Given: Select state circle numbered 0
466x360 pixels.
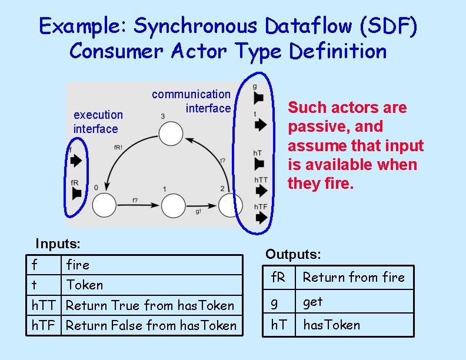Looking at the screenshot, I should [x=104, y=205].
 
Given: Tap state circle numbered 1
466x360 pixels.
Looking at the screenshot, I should [x=173, y=206].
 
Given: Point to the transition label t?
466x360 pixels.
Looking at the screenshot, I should [x=222, y=160].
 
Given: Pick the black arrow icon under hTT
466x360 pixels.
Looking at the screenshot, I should [x=261, y=191].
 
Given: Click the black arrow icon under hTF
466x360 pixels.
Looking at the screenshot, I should [x=261, y=218].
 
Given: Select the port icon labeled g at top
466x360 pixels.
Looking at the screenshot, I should [x=258, y=98].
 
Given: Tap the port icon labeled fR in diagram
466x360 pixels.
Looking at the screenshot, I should [x=75, y=193].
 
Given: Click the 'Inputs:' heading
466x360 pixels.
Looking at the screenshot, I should [x=58, y=244].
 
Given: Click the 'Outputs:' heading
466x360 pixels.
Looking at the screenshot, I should [x=293, y=254].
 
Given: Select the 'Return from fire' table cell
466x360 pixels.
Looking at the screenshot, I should [x=354, y=277].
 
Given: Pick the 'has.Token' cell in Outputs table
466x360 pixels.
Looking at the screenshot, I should [x=331, y=325].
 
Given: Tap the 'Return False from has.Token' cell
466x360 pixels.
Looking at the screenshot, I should [x=151, y=325].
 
